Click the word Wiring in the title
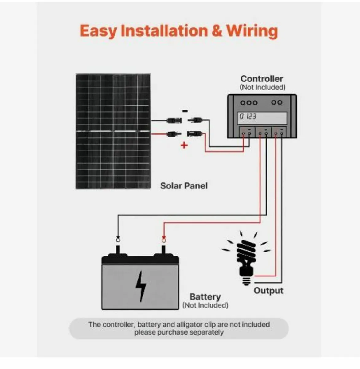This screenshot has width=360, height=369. click(252, 31)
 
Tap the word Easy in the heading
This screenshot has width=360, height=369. click(98, 31)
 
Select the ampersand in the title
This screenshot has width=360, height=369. click(217, 31)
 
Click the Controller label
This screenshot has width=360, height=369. click(262, 79)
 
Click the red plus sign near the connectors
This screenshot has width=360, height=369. click(184, 145)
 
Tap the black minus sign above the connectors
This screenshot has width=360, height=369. click(184, 111)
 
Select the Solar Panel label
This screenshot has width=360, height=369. click(184, 186)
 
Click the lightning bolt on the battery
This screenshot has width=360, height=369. click(141, 286)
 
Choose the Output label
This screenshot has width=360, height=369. click(268, 291)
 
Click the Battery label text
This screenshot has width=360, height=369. click(205, 297)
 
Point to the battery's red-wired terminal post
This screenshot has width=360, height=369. click(164, 248)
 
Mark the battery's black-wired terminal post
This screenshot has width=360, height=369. click(118, 248)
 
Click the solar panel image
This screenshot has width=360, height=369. click(113, 131)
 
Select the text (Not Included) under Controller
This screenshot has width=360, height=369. click(262, 87)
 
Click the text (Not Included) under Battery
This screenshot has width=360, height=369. click(205, 305)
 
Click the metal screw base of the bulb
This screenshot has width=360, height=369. click(246, 280)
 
